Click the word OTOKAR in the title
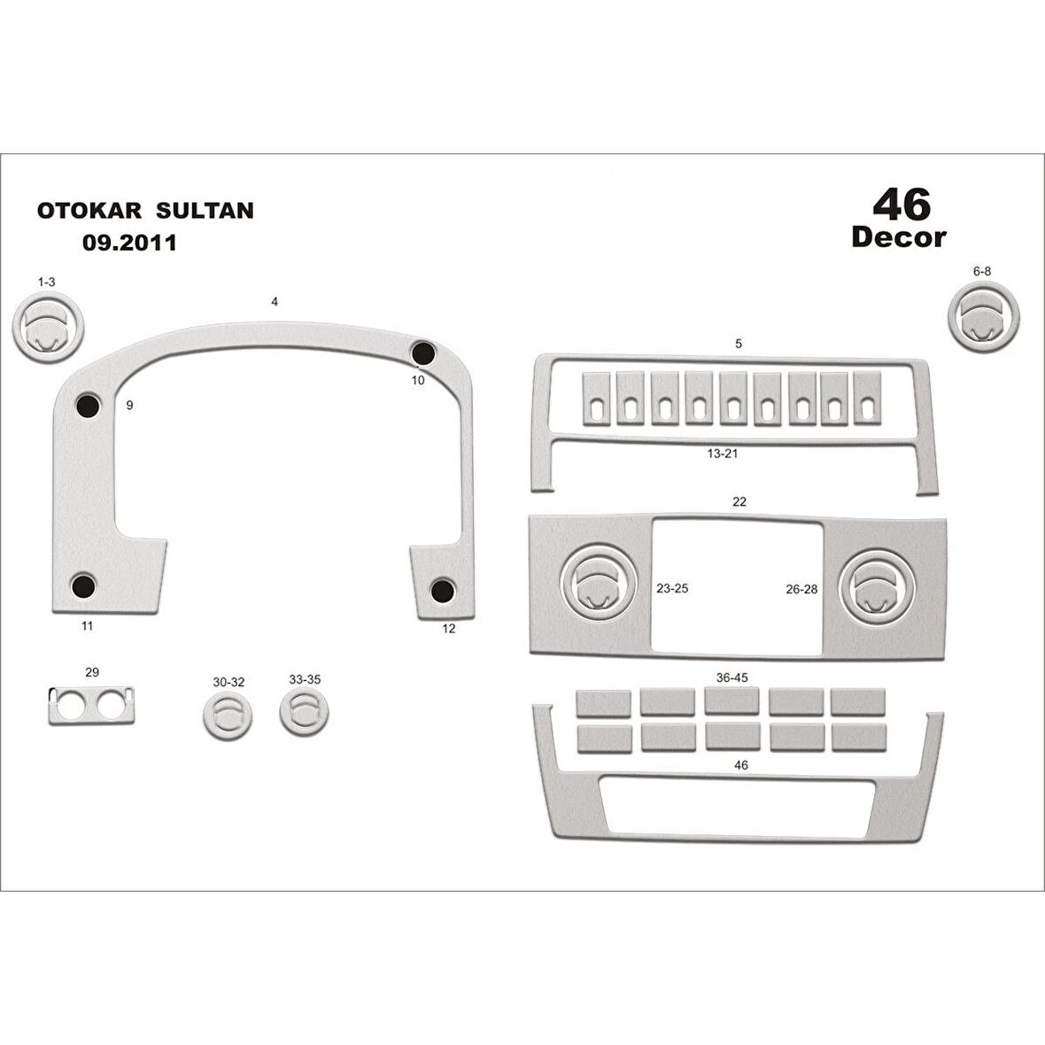[x=89, y=211]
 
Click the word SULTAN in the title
[x=205, y=211]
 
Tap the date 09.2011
[x=129, y=242]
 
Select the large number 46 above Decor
[x=902, y=205]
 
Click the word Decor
[x=898, y=237]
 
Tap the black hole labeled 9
[x=89, y=406]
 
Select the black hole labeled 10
[x=422, y=352]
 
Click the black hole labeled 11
[x=84, y=585]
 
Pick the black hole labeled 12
[x=443, y=590]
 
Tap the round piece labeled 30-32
[x=228, y=714]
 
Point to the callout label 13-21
[x=722, y=453]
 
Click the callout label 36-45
[x=731, y=677]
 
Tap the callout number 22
[x=739, y=502]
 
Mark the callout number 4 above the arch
[x=275, y=302]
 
